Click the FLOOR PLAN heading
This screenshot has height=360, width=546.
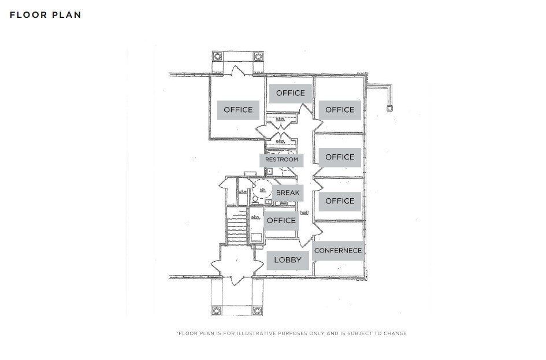tap(45, 15)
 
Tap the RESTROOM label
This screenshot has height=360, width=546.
tap(281, 159)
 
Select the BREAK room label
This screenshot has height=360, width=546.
tap(288, 192)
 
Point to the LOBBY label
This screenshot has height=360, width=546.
tap(288, 260)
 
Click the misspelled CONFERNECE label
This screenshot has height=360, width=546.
tap(338, 250)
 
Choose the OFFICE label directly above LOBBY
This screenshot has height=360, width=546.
tap(281, 220)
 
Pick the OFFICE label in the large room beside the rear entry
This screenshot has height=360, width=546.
tap(238, 110)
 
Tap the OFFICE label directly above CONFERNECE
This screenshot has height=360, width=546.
tap(340, 201)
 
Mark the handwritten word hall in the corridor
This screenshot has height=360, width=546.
tap(304, 213)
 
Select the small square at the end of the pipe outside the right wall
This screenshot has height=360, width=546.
tap(390, 107)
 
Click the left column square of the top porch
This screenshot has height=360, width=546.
tap(218, 57)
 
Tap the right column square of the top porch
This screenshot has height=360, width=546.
tap(258, 57)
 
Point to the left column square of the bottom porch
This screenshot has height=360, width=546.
tap(217, 310)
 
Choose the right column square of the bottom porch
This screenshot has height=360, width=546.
tap(258, 310)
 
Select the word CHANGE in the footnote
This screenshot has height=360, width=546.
tap(396, 333)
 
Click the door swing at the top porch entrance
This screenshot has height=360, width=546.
tap(238, 72)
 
